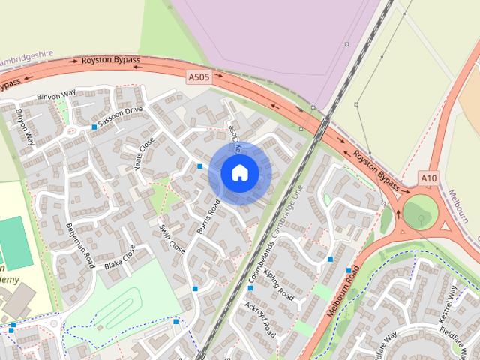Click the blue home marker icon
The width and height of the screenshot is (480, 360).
pyautogui.click(x=239, y=172)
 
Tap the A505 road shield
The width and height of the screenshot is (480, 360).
pyautogui.click(x=198, y=76)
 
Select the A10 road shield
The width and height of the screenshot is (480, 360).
pyautogui.click(x=428, y=178)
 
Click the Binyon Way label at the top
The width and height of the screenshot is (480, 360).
pyautogui.click(x=58, y=95)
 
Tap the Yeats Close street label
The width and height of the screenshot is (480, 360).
pyautogui.click(x=143, y=152)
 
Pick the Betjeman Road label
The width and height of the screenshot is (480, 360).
pyautogui.click(x=79, y=245)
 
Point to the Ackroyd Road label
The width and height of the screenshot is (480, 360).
pyautogui.click(x=260, y=319)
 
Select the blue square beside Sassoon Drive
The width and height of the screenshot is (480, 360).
pyautogui.click(x=94, y=127)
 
